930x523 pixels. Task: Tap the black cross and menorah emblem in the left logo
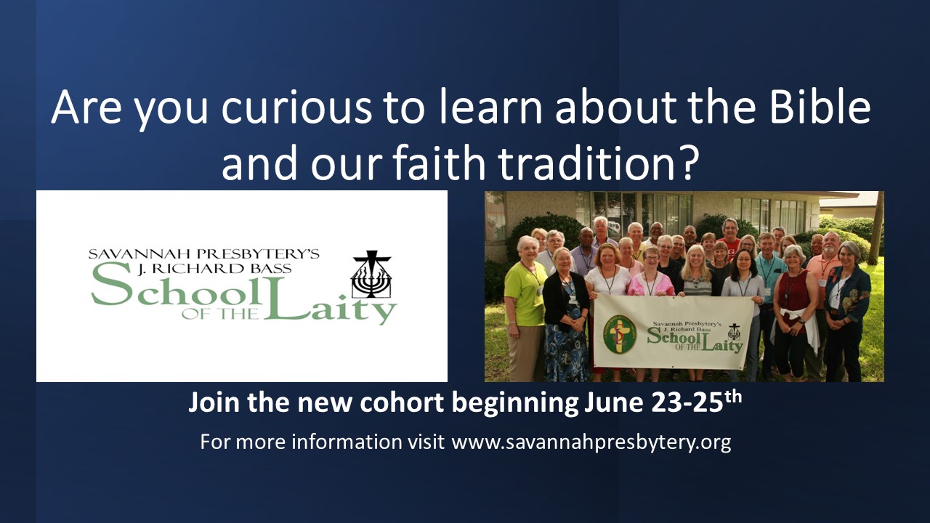pos(371,274)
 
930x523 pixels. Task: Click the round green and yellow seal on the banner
pos(620,333)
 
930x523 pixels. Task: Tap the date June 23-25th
pos(663,402)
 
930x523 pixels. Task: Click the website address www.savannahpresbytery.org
pos(591,442)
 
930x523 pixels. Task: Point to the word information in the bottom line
pos(347,442)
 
